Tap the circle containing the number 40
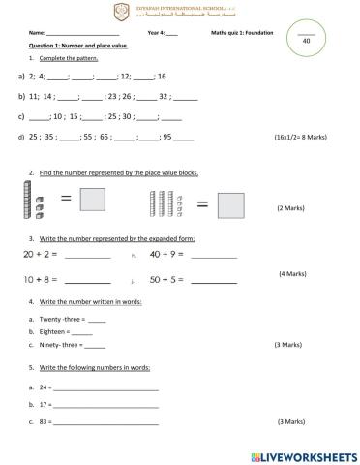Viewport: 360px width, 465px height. pyautogui.click(x=306, y=41)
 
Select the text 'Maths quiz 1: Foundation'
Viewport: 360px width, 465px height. pyautogui.click(x=242, y=33)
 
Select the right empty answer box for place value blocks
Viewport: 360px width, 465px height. pyautogui.click(x=230, y=204)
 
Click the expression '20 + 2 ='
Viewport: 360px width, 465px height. pyautogui.click(x=41, y=255)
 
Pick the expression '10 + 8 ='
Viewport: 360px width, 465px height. pyautogui.click(x=41, y=279)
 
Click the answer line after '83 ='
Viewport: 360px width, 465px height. pyautogui.click(x=106, y=423)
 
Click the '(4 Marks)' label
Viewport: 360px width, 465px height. pyautogui.click(x=291, y=274)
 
